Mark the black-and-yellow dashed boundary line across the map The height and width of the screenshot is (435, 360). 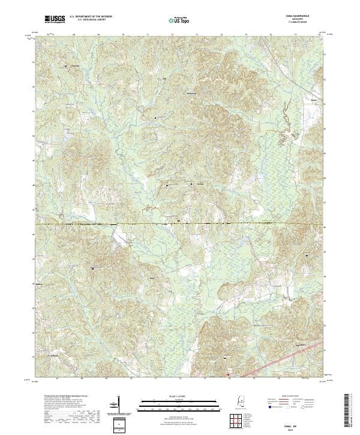(x=180, y=224)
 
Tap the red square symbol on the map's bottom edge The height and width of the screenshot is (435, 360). (x=228, y=376)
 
